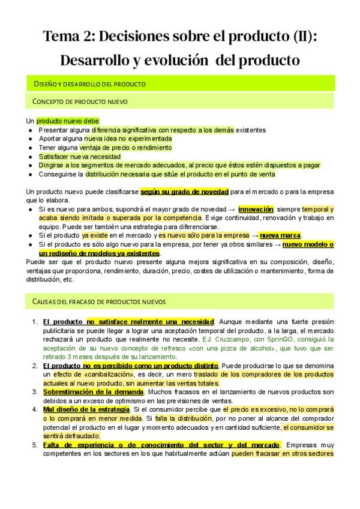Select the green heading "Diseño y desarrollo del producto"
89,83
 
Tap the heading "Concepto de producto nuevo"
80,101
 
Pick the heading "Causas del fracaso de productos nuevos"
99,300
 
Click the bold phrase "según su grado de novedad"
184,191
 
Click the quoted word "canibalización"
95,374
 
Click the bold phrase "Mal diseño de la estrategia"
86,409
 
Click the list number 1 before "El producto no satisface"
34,322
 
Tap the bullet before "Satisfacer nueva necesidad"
30,157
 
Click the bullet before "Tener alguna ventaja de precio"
30,148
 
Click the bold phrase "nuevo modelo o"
308,244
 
